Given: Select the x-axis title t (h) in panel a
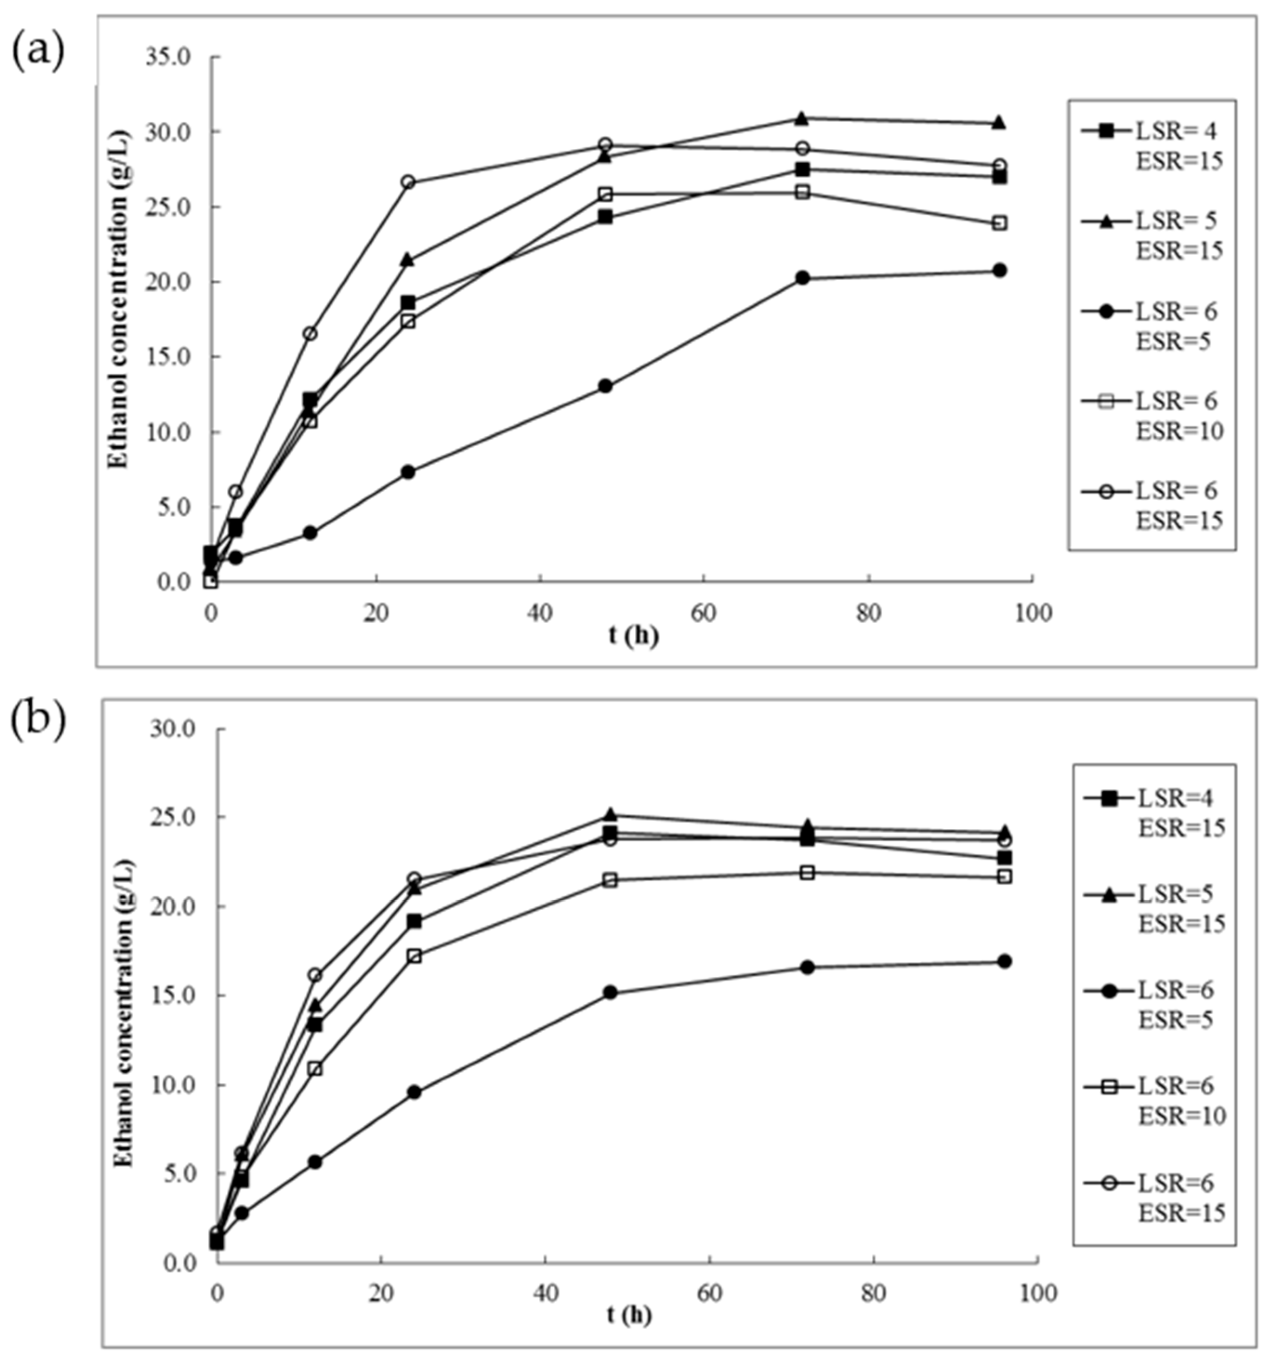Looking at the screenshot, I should click(633, 636).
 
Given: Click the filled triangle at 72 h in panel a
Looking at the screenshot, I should click(802, 119).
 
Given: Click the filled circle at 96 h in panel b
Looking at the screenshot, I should click(1005, 961).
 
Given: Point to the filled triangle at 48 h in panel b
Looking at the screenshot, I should click(610, 814).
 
